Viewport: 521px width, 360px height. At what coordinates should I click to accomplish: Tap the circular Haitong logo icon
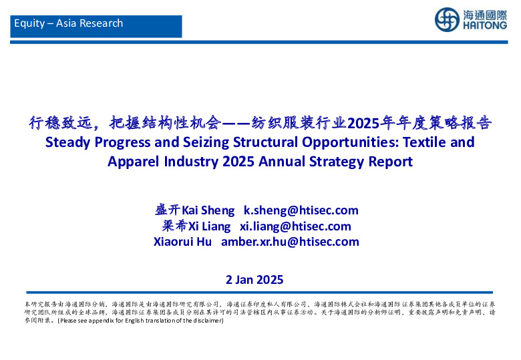[x=448, y=19]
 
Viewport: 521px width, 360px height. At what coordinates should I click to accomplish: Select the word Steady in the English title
[x=68, y=142]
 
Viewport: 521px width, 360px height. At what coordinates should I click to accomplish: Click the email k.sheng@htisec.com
[x=301, y=210]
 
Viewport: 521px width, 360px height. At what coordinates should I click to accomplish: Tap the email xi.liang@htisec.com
[x=295, y=226]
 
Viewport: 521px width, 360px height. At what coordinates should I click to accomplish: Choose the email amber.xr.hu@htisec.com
[x=290, y=242]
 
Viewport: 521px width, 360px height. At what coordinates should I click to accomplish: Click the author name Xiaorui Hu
[x=182, y=242]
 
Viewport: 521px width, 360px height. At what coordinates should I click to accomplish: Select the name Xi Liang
[x=208, y=226]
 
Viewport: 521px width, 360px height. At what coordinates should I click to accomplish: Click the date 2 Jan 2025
[x=255, y=280]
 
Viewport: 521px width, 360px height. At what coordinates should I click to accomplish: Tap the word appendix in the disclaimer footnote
[x=94, y=321]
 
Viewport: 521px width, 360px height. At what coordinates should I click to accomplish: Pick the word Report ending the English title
[x=390, y=162]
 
